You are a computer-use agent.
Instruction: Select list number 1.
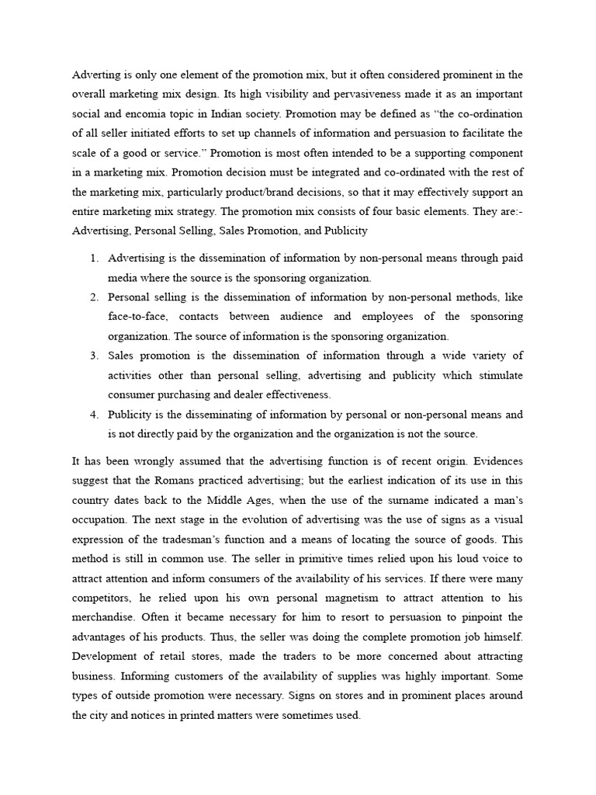click(93, 258)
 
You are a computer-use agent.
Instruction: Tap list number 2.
click(93, 297)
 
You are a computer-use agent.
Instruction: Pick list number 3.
click(93, 356)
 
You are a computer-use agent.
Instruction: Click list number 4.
click(93, 415)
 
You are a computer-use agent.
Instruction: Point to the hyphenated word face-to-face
click(136, 317)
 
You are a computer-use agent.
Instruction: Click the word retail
click(155, 658)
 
